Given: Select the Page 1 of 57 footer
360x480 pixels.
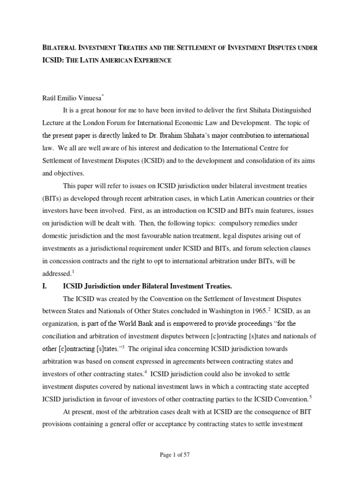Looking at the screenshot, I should click(180, 455).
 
